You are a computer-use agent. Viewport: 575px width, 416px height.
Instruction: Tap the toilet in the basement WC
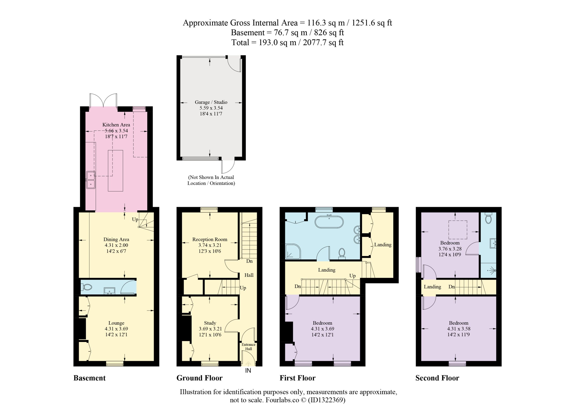86,287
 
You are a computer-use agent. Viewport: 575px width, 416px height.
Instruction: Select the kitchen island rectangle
115,171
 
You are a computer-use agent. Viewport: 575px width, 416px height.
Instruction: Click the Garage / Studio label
211,102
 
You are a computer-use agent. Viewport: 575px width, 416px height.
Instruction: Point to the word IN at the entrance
248,371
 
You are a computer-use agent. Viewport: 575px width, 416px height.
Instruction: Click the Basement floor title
89,378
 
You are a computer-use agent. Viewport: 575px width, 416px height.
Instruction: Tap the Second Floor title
437,378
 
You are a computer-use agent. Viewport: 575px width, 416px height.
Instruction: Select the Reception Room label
210,239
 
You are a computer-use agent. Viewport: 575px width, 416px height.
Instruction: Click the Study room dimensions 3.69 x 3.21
210,329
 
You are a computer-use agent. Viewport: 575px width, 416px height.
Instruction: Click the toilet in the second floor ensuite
488,218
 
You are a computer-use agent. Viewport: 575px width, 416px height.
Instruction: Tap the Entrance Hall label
248,347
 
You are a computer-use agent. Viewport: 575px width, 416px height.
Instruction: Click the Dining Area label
116,239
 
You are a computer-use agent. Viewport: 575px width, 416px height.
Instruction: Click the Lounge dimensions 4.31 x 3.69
116,329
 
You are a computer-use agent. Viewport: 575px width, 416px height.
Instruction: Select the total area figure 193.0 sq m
277,43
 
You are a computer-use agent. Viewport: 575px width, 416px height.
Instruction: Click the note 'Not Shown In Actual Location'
211,180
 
